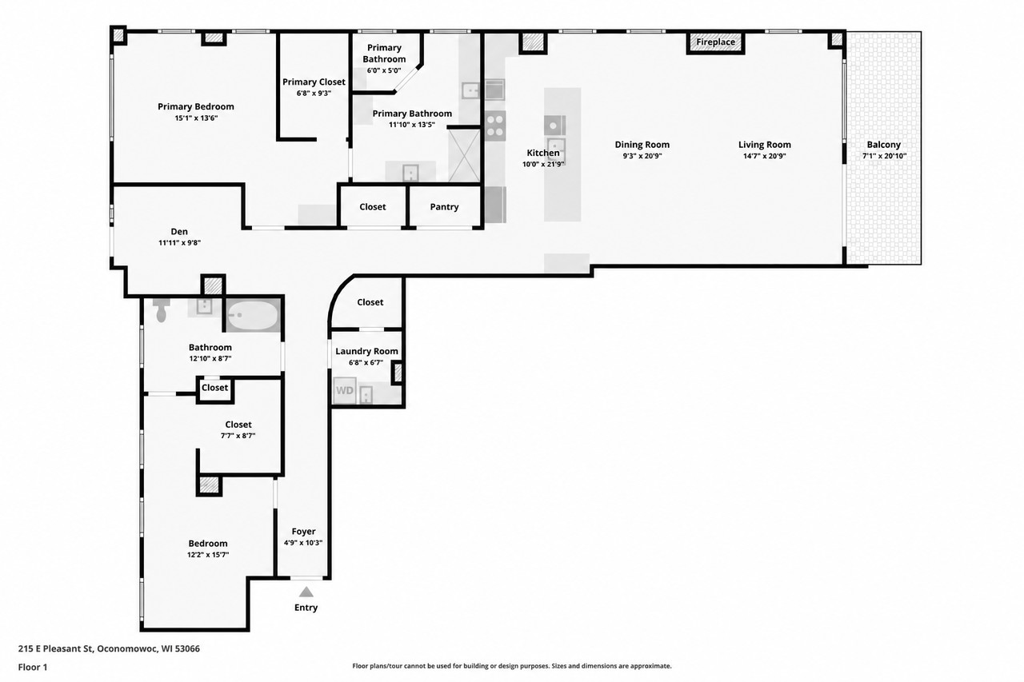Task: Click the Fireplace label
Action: (x=715, y=42)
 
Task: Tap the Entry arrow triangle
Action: (x=306, y=592)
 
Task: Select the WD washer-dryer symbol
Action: (x=345, y=390)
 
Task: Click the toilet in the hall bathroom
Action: (x=161, y=310)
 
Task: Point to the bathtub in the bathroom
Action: (x=252, y=315)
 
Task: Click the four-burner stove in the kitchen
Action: (x=495, y=126)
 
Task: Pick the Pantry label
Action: (x=444, y=207)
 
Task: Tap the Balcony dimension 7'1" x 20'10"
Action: (x=884, y=156)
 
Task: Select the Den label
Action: (x=179, y=232)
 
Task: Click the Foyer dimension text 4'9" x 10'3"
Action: (x=303, y=543)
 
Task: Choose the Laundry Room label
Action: (x=366, y=351)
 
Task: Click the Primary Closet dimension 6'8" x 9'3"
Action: (x=314, y=94)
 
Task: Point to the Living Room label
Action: (x=764, y=145)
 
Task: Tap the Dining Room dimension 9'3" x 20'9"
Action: (x=642, y=156)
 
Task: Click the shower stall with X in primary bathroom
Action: (x=464, y=156)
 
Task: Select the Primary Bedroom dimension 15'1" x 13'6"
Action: (x=196, y=118)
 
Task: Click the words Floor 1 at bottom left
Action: (x=33, y=667)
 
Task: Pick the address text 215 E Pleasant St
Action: (x=56, y=648)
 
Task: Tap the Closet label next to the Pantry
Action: (x=373, y=207)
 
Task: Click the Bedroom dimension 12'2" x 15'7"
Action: (x=208, y=555)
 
